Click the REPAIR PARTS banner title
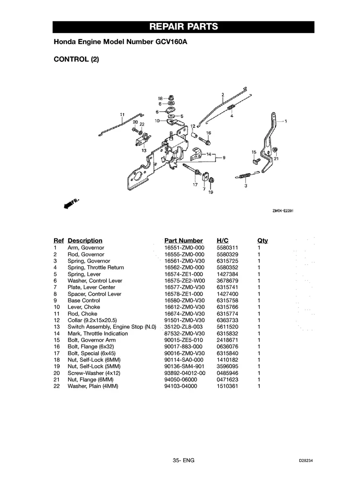(x=184, y=27)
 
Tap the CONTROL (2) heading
(x=76, y=60)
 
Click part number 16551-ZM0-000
(x=184, y=248)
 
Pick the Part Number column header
(x=184, y=240)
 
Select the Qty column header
(x=263, y=240)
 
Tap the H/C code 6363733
(x=228, y=320)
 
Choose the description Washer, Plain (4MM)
(x=93, y=386)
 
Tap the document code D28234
(x=308, y=461)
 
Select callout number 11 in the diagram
(x=122, y=114)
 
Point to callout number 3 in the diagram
(x=246, y=185)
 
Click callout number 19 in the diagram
(x=211, y=192)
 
